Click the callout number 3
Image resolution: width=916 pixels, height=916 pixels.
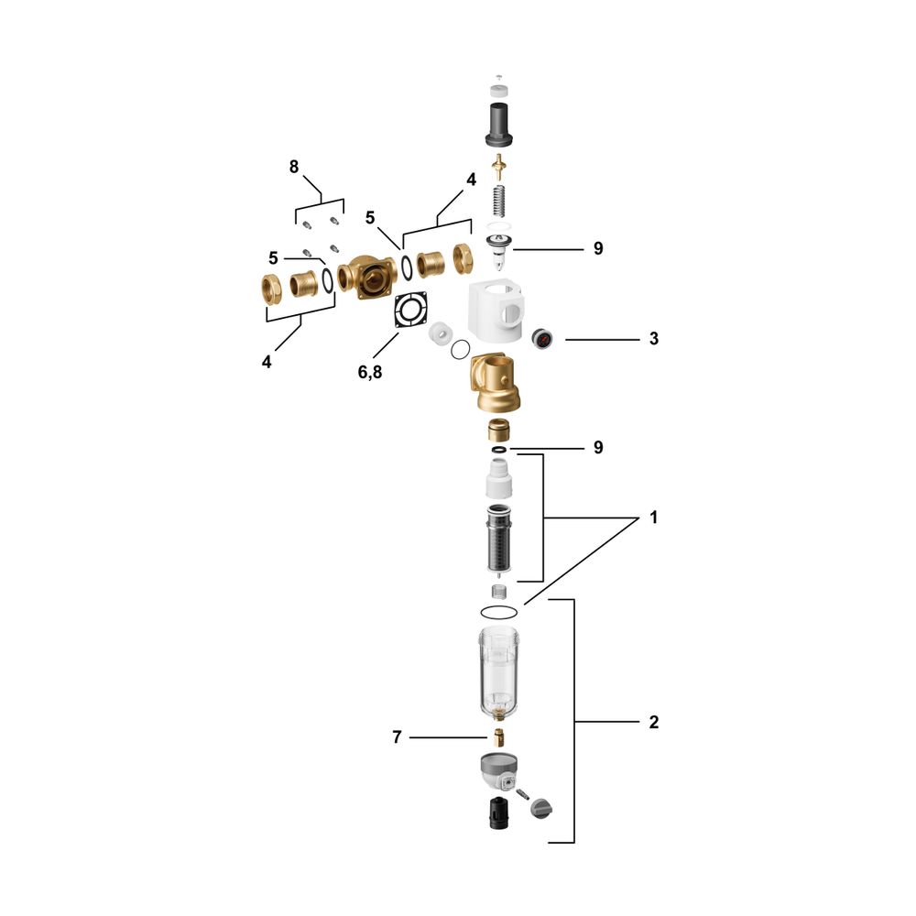pyautogui.click(x=654, y=339)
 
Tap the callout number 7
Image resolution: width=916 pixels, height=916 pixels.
pyautogui.click(x=398, y=737)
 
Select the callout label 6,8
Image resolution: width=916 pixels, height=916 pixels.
pyautogui.click(x=370, y=372)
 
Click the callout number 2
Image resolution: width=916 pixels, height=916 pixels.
pyautogui.click(x=654, y=722)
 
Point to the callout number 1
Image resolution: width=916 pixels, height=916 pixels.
pyautogui.click(x=654, y=518)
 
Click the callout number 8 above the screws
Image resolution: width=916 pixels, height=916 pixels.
pyautogui.click(x=294, y=167)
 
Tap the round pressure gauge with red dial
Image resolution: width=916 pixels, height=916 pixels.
pyautogui.click(x=542, y=338)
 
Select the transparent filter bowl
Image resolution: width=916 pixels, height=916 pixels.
pyautogui.click(x=499, y=671)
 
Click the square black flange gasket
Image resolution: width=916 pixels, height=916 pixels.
pyautogui.click(x=410, y=310)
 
